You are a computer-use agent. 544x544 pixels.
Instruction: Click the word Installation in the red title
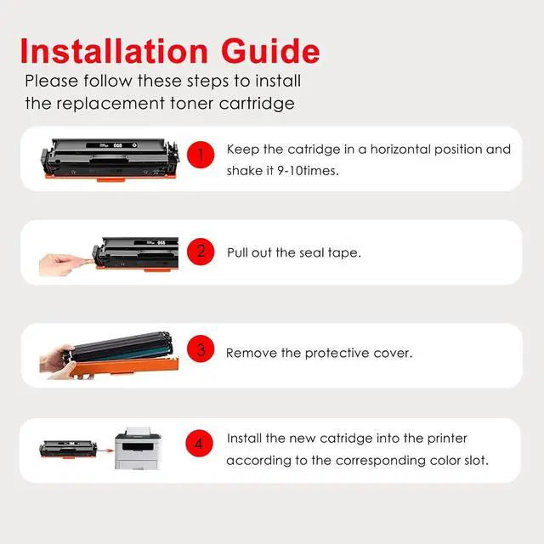[x=114, y=51]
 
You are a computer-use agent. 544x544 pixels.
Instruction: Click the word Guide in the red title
[x=270, y=51]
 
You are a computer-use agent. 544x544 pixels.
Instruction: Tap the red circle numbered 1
[x=201, y=155]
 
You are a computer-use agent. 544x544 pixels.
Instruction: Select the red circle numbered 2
[x=201, y=252]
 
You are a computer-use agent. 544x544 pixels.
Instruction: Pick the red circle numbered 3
[x=201, y=348]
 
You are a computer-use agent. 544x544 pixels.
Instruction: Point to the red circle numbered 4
[x=199, y=444]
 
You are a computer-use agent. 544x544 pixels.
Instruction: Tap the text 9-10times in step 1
[x=308, y=171]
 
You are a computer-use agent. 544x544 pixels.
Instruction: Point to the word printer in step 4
[x=447, y=439]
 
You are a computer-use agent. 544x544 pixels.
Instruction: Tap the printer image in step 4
[x=138, y=448]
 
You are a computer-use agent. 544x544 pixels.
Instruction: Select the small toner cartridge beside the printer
[x=68, y=450]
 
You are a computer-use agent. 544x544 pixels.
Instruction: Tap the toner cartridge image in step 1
[x=110, y=160]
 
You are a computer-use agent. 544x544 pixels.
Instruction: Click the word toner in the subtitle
[x=191, y=104]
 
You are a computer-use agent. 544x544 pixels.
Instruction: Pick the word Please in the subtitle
[x=51, y=81]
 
